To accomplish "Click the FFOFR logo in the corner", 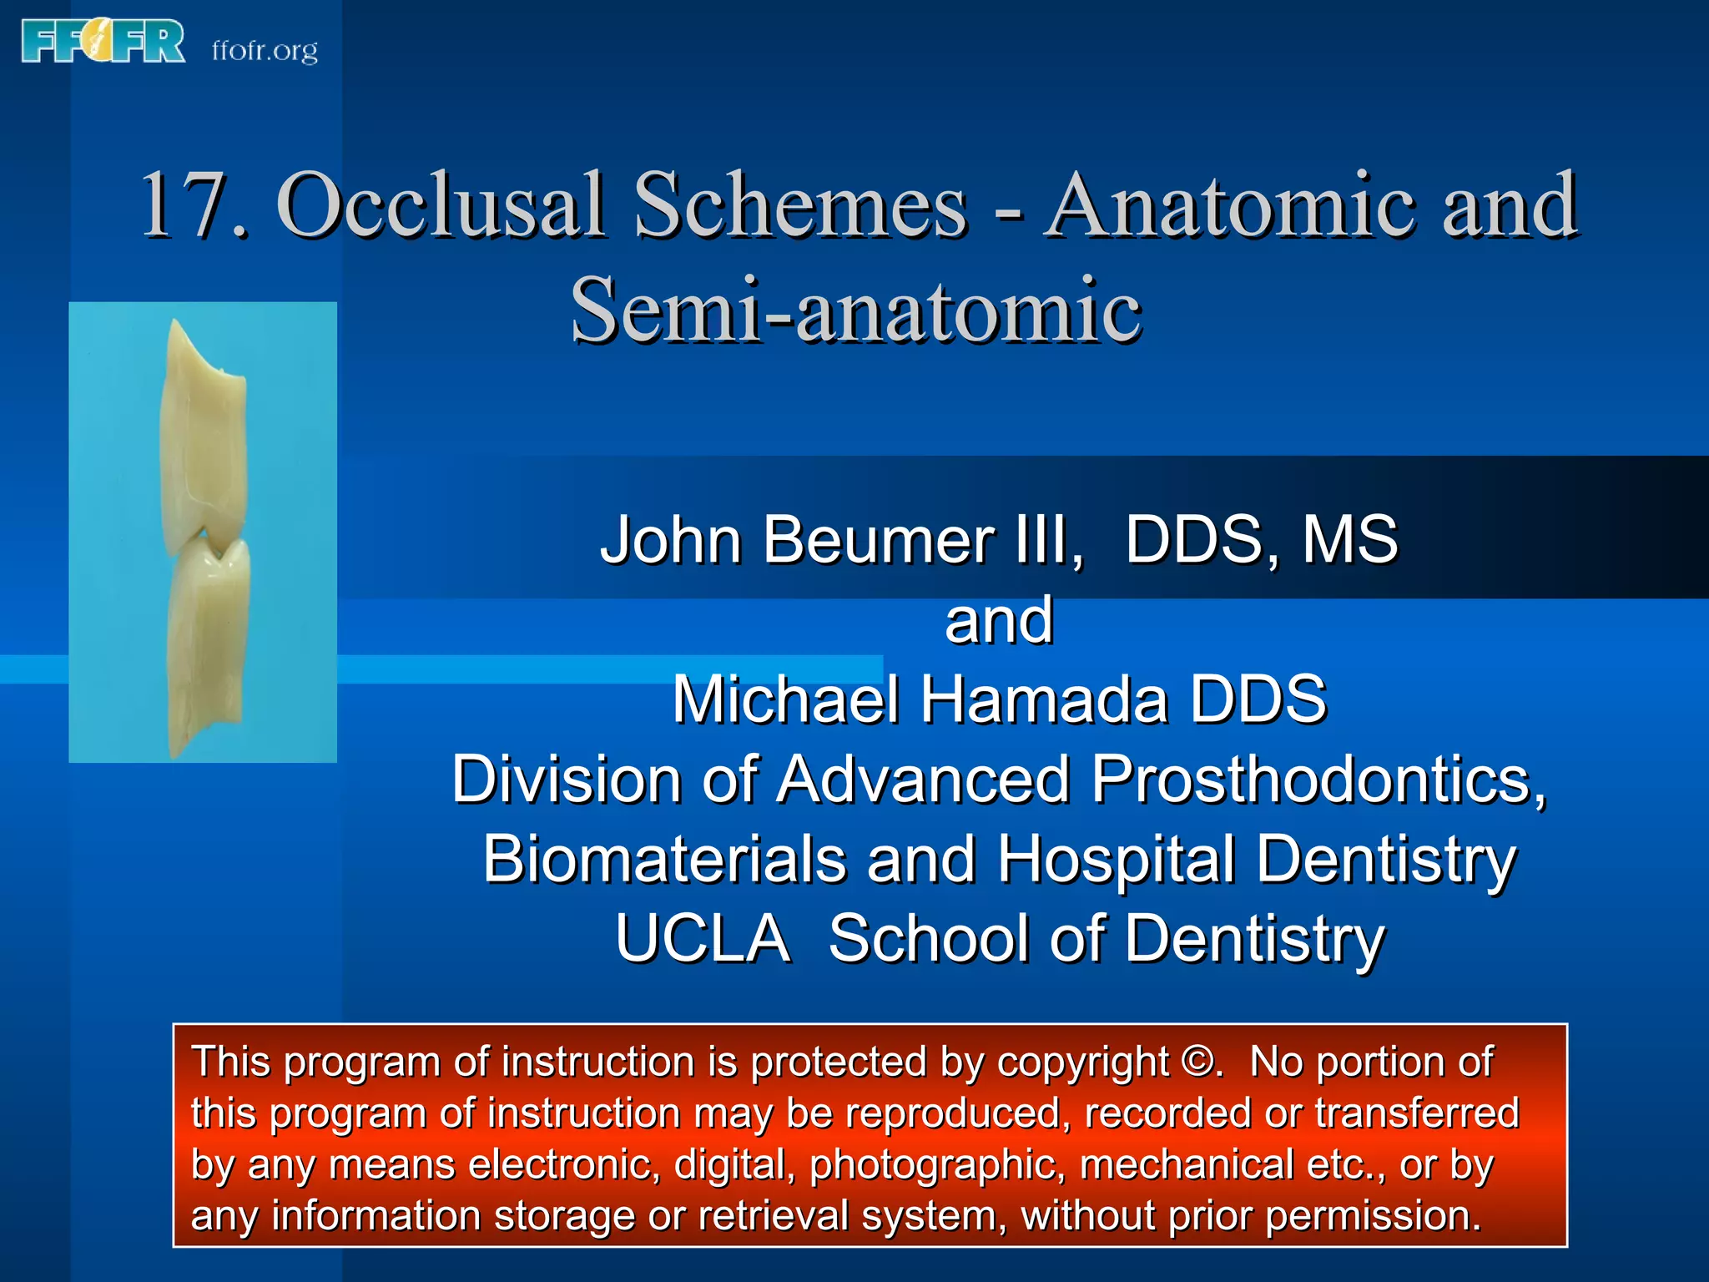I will click(x=103, y=42).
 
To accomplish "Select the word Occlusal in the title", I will click(x=440, y=204).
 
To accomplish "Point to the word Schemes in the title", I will click(x=799, y=204).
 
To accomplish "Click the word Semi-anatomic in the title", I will click(x=855, y=310).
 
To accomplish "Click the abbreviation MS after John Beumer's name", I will click(x=1350, y=539).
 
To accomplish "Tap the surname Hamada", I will click(x=1043, y=699).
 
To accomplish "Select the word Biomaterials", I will click(x=664, y=859).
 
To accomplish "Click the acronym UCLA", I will click(x=703, y=938).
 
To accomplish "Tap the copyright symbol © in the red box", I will click(x=1200, y=1062).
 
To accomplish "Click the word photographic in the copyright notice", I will click(x=936, y=1165).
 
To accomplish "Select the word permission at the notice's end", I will click(x=1372, y=1215).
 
